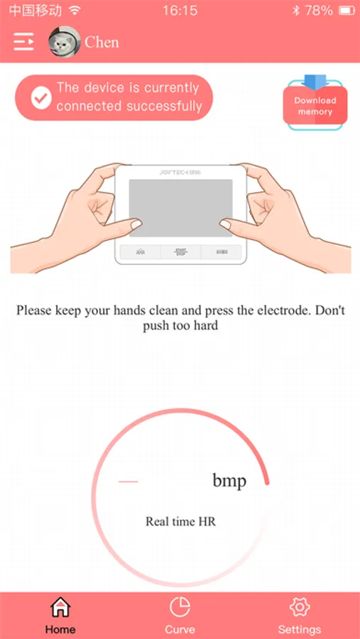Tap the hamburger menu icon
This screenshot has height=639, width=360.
[23, 42]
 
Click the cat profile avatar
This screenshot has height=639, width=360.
[64, 42]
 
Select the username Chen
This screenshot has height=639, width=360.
[102, 43]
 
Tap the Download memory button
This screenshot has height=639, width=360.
[315, 106]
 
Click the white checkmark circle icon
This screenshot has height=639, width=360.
[41, 97]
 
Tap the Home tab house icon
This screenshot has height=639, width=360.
[60, 608]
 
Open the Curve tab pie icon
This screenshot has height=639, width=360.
[180, 607]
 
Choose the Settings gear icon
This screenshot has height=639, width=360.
[300, 607]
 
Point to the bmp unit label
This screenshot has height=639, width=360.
[229, 481]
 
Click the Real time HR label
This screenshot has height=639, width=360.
[180, 522]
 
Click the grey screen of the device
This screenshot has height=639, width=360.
[180, 208]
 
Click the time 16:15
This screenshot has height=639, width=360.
[180, 11]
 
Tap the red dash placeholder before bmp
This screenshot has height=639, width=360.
[129, 481]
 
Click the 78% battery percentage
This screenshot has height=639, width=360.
[318, 11]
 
